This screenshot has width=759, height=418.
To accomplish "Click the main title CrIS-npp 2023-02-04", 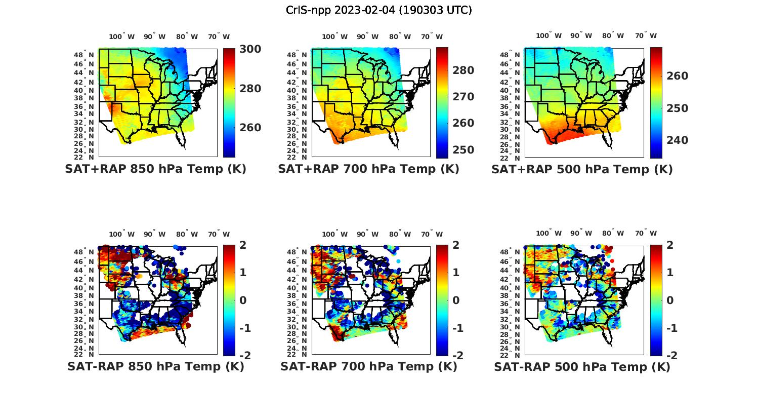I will (379, 10).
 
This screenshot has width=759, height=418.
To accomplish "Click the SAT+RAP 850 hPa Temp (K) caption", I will (155, 169).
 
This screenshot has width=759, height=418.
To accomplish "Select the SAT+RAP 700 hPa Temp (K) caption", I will (368, 169).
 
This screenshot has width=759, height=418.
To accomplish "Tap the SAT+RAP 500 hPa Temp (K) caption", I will (582, 169).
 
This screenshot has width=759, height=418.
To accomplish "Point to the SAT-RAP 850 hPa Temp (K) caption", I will (155, 367).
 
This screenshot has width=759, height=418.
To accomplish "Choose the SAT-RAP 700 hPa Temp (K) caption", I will (368, 367).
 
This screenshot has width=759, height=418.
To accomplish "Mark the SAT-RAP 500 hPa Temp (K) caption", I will (582, 367).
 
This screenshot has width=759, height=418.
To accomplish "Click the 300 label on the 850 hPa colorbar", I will (250, 49).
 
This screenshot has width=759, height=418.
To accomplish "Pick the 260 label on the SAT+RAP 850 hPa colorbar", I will (250, 128).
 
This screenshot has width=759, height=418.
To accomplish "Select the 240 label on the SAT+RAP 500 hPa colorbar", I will (677, 140).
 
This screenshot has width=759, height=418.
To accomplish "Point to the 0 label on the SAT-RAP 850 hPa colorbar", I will (242, 300).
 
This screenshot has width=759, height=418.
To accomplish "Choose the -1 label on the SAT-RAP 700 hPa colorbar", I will (457, 328).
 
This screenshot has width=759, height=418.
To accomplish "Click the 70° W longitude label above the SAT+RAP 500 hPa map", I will (646, 36).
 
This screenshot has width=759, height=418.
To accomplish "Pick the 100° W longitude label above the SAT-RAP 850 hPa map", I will (122, 234).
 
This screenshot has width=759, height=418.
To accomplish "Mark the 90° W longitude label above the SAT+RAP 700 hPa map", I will (368, 36).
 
